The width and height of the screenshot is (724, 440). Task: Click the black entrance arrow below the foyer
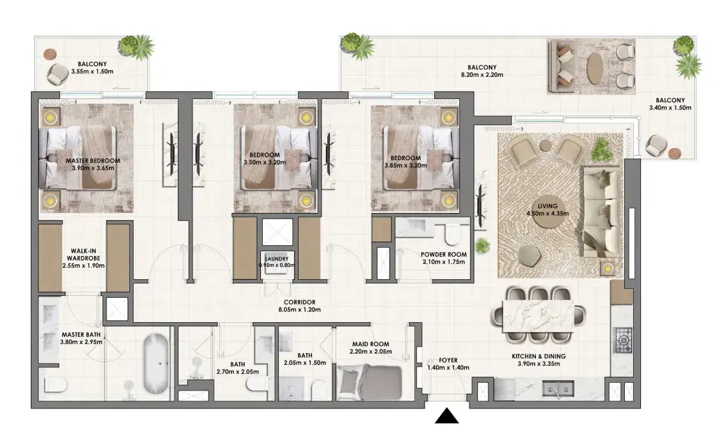[x=446, y=416]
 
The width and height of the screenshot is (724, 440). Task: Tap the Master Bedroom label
[x=93, y=161]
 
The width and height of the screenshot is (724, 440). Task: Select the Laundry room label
[x=276, y=259]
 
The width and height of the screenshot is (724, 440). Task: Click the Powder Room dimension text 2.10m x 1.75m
[x=443, y=262]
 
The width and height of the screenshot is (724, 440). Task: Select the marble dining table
[x=538, y=315]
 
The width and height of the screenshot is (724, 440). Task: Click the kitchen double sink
[x=558, y=389]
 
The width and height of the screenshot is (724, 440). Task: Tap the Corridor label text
[x=300, y=302]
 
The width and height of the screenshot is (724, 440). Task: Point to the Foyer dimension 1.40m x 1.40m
[x=448, y=367]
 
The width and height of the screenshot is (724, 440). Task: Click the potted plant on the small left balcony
[x=136, y=46]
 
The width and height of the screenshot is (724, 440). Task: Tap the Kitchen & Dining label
[x=538, y=356]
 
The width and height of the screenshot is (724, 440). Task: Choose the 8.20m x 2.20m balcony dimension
[x=482, y=75]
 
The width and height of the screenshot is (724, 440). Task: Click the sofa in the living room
[x=602, y=212]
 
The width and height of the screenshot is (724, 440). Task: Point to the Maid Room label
[x=371, y=344]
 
